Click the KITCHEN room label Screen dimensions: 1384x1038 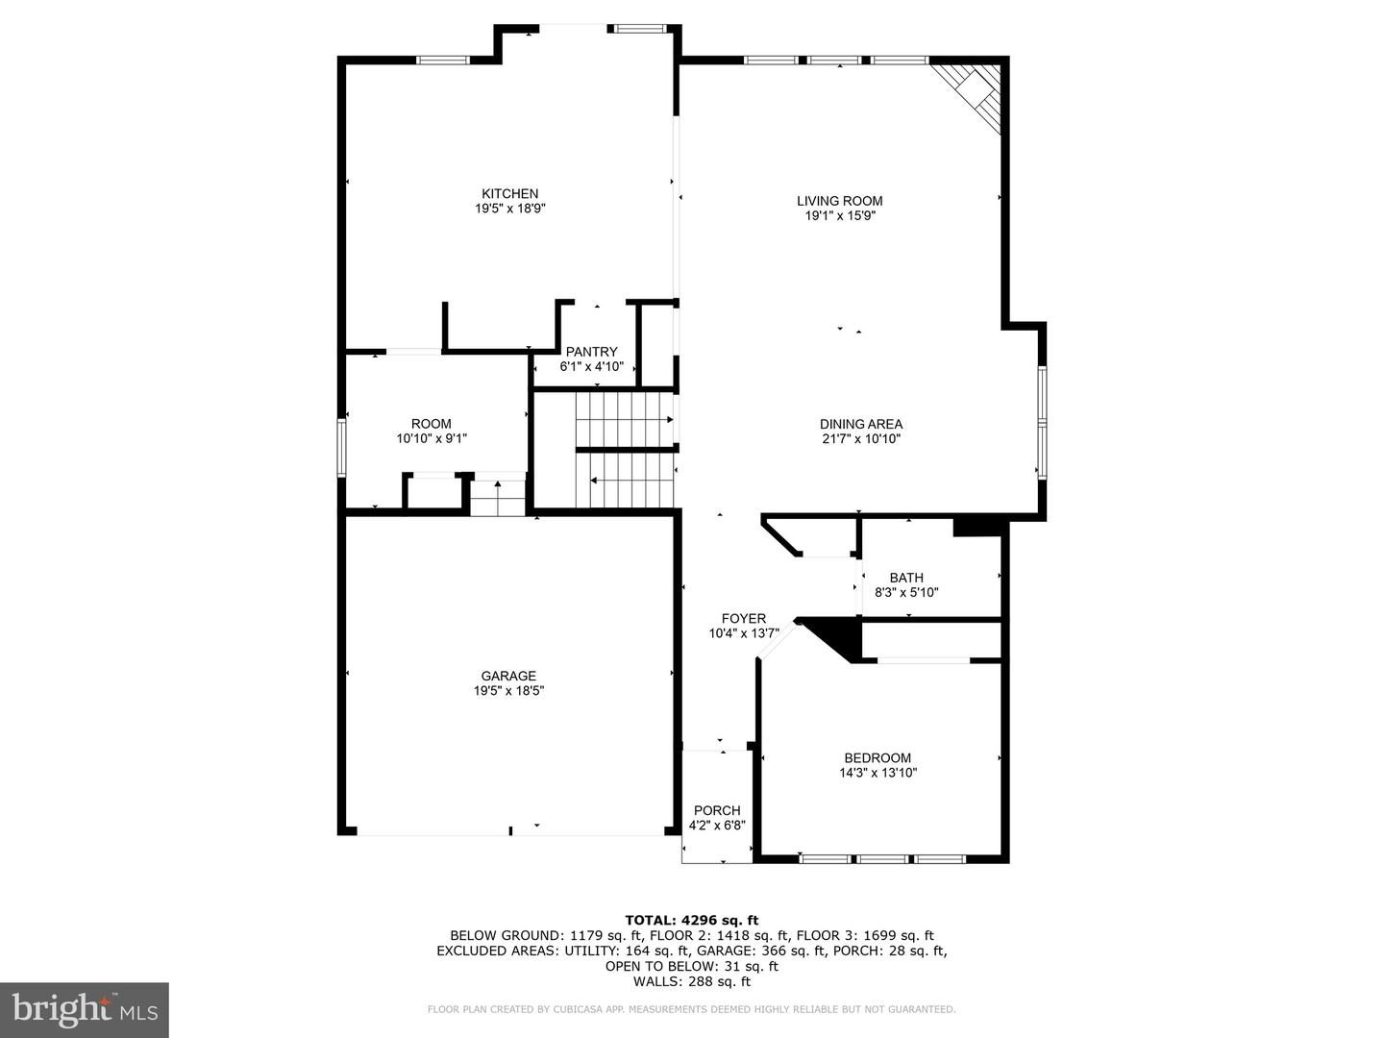(x=509, y=193)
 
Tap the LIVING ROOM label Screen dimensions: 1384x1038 (x=839, y=201)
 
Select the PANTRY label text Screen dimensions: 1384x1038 (x=591, y=352)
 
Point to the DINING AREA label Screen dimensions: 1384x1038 (x=860, y=424)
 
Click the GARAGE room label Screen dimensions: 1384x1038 (x=508, y=677)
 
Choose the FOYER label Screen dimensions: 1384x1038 (x=743, y=619)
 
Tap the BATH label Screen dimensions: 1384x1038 (x=906, y=578)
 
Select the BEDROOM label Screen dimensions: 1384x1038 (x=877, y=757)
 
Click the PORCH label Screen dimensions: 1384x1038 (x=717, y=810)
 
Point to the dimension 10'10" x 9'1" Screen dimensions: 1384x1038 (x=432, y=438)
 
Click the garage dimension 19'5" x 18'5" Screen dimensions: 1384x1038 (x=508, y=691)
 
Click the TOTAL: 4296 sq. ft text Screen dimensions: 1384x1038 (x=692, y=921)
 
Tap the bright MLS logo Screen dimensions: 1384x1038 (x=84, y=1009)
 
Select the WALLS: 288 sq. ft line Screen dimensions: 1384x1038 (x=692, y=981)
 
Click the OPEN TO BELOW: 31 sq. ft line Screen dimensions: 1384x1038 (x=692, y=966)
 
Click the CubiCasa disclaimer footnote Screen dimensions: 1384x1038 (x=692, y=1009)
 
